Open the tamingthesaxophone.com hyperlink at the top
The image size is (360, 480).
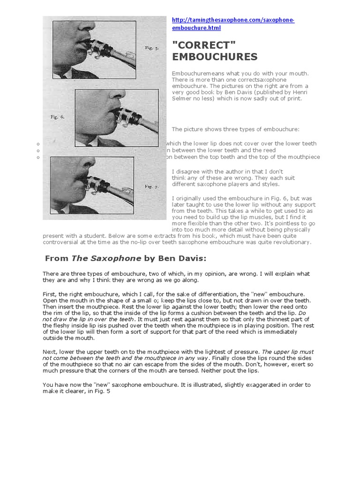[x=233, y=21]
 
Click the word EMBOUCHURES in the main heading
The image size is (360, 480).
[x=215, y=57]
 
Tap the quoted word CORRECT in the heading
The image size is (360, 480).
[x=204, y=45]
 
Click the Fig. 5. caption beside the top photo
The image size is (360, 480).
[x=151, y=48]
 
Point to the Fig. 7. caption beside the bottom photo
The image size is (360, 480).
[x=151, y=187]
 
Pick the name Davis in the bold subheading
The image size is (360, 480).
[x=193, y=258]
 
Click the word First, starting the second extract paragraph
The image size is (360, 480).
[x=50, y=293]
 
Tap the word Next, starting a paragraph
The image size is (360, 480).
[x=50, y=352]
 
